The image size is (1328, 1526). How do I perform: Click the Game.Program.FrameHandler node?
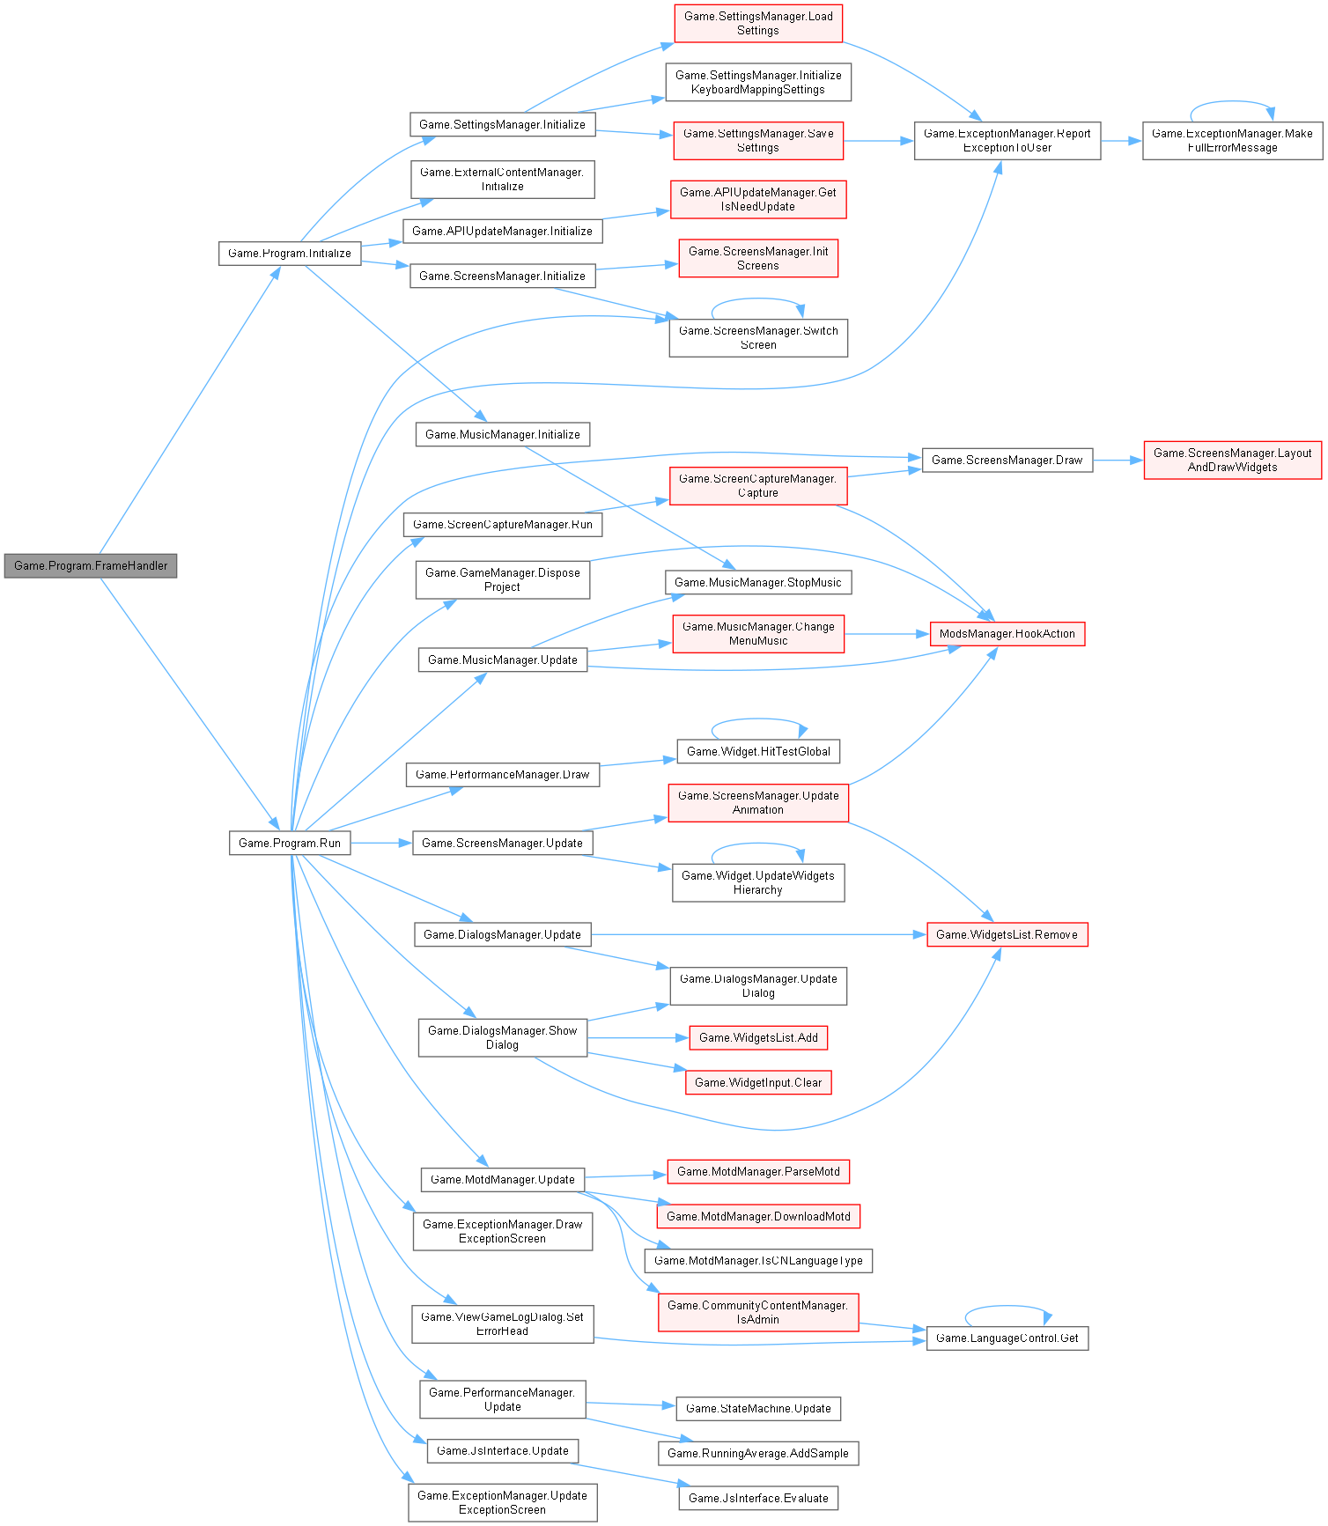tap(91, 565)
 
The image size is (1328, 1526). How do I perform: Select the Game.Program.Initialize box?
tap(290, 254)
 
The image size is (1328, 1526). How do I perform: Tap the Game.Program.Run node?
tap(290, 843)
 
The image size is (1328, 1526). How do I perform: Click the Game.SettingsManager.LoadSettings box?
tap(757, 24)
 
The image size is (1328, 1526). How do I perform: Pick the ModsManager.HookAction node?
tap(1007, 634)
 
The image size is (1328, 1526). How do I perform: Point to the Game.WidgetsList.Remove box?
tap(1007, 934)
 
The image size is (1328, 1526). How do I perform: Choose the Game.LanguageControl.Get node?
tap(1007, 1338)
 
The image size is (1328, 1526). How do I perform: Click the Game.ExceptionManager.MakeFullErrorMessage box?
tap(1232, 141)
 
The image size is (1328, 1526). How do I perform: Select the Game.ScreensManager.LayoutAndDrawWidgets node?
tap(1232, 461)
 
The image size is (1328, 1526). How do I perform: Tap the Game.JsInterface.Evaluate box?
tap(758, 1498)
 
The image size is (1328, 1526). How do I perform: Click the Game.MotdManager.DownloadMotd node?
tap(758, 1216)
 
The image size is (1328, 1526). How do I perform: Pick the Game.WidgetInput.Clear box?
tap(758, 1083)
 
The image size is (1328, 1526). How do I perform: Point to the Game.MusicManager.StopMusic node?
tap(758, 583)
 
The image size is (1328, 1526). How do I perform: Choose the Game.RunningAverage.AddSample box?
tap(758, 1454)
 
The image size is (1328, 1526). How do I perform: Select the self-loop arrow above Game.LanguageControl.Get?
tap(1007, 1308)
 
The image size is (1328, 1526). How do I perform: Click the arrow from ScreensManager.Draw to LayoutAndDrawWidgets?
tap(1118, 461)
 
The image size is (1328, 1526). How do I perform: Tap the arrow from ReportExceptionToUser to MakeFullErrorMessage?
tap(1121, 141)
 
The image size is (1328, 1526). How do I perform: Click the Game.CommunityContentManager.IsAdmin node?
tap(758, 1312)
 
